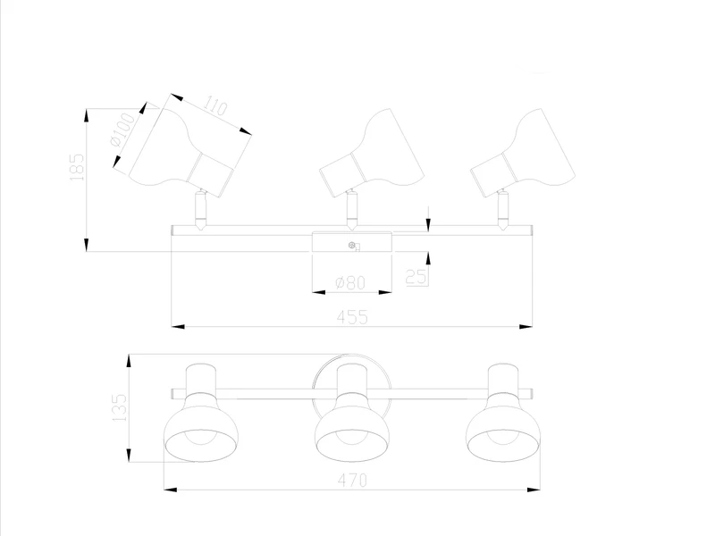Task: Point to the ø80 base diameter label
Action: point(351,283)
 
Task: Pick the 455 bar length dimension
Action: point(352,317)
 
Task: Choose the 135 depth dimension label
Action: point(119,406)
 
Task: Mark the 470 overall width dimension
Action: point(351,481)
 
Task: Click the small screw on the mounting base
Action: point(352,247)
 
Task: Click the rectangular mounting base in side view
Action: point(351,243)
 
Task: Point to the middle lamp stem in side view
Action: point(352,211)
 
